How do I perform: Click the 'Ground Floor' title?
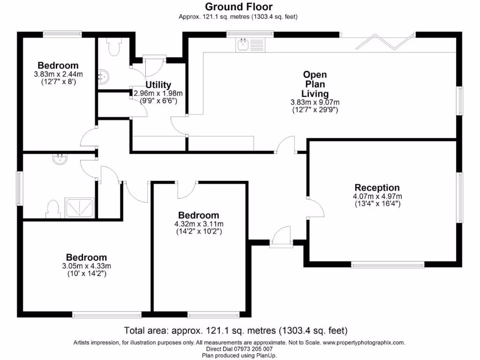(x=239, y=7)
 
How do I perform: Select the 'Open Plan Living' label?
(x=315, y=84)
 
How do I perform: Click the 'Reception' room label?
(x=377, y=188)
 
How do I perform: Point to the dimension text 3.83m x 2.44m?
(x=58, y=74)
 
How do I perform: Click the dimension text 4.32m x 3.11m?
(x=199, y=224)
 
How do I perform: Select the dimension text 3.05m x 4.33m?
(x=86, y=266)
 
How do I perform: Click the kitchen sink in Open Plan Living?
(x=244, y=45)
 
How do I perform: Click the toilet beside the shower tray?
(x=54, y=209)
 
